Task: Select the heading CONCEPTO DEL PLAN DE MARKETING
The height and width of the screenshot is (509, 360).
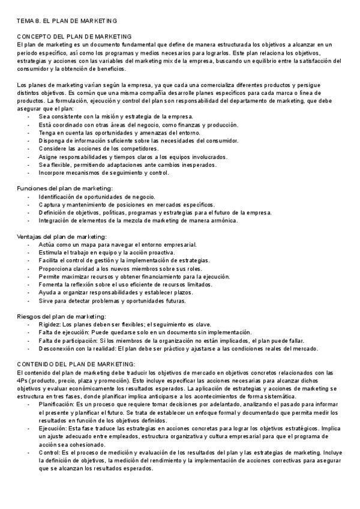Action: click(74, 37)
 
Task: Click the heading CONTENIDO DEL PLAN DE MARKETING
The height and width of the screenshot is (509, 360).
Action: click(76, 364)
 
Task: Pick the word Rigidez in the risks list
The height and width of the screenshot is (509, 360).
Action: click(50, 325)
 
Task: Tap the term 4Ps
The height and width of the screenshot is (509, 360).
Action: click(23, 380)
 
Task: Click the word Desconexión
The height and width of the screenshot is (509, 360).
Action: click(58, 349)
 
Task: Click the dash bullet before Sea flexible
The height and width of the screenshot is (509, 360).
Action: click(29, 164)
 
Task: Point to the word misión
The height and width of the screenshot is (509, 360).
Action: click(104, 116)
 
